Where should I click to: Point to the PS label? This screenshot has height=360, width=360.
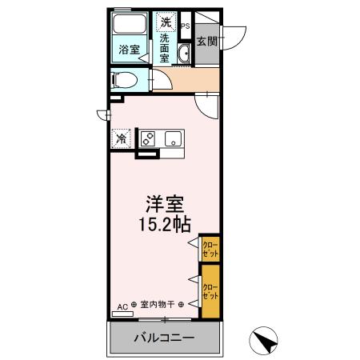tap(186, 26)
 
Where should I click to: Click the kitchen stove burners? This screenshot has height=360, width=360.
tap(148, 138)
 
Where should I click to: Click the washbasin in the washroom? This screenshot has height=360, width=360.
tap(183, 54)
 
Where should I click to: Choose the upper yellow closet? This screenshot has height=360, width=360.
tap(210, 247)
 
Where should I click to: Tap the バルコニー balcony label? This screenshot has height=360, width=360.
tap(163, 338)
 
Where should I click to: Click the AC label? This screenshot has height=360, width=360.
tap(122, 305)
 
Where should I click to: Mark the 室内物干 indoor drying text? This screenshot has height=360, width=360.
tap(158, 305)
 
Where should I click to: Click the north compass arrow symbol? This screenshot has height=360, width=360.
tap(266, 342)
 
